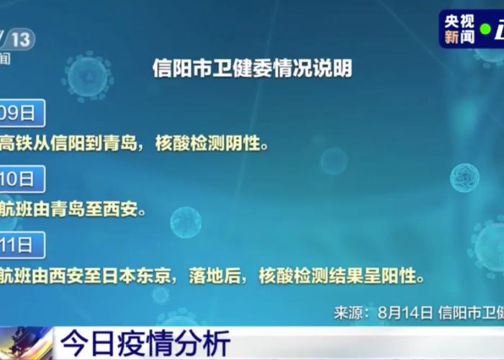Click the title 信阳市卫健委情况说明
252,68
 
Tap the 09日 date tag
20,113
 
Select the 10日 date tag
20,179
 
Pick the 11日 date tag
20,245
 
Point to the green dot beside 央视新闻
486,30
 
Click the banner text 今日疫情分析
144,341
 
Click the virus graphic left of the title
88,75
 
